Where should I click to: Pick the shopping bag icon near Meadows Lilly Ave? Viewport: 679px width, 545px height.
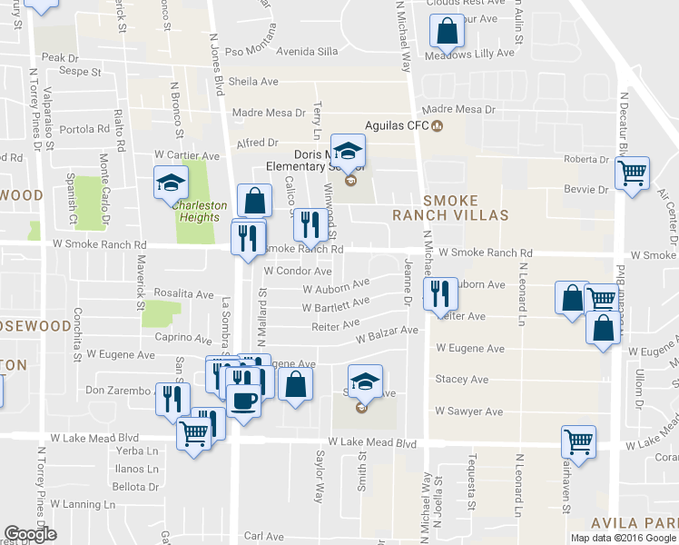point(448,34)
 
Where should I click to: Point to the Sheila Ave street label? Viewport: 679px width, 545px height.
point(253,82)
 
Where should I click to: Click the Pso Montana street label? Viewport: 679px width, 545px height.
point(250,51)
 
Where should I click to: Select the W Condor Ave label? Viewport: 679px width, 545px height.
point(298,271)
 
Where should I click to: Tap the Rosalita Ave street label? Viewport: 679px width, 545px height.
point(182,294)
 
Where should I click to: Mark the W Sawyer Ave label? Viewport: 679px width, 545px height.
point(468,411)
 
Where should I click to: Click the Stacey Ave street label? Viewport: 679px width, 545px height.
point(462,379)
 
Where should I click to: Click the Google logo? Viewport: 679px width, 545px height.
point(30,534)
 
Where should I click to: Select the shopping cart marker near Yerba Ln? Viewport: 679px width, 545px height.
point(192,436)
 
